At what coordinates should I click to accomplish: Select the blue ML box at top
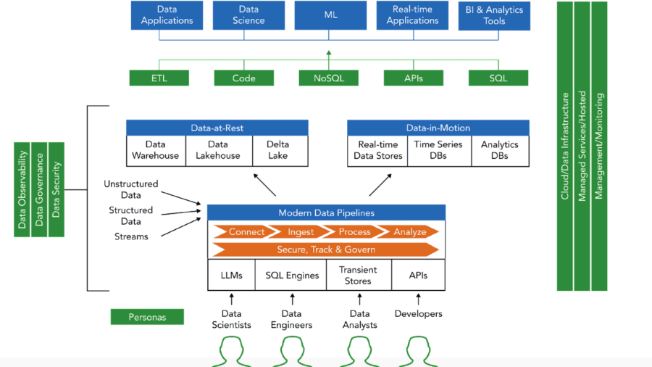(330, 15)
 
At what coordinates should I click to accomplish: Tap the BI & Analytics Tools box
(494, 15)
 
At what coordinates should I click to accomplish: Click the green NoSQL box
(329, 78)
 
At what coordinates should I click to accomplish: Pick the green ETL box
(159, 78)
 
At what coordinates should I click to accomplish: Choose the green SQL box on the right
(498, 78)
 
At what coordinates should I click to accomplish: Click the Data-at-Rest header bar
(217, 128)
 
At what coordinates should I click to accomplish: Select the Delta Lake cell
(277, 150)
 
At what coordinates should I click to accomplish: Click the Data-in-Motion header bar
(438, 128)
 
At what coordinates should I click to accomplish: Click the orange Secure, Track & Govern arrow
(325, 250)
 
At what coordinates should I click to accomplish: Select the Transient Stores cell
(358, 276)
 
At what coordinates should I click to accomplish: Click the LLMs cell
(231, 276)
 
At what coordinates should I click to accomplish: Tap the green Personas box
(147, 317)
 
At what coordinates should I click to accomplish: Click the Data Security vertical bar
(57, 189)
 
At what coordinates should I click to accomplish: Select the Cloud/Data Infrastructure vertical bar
(565, 146)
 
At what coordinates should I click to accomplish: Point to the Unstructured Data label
(130, 189)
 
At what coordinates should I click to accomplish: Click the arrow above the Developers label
(418, 298)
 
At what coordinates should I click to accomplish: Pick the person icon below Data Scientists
(231, 352)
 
